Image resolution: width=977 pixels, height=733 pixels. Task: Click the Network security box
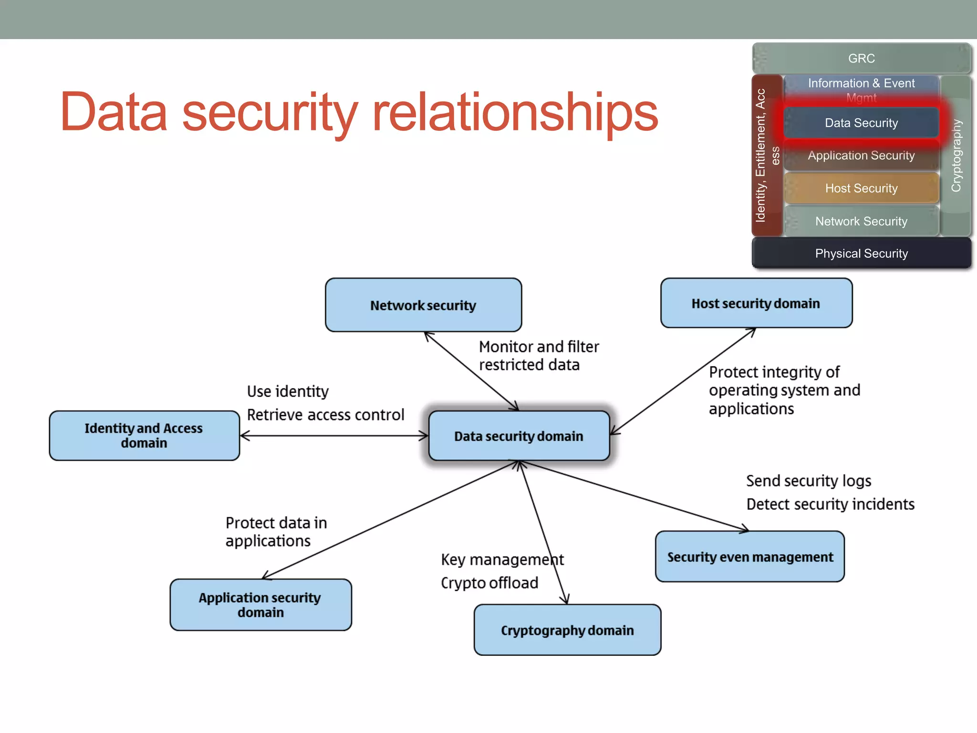pos(423,305)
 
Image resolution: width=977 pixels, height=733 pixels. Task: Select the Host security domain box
pos(756,303)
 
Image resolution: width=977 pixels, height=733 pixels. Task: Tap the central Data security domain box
pos(519,436)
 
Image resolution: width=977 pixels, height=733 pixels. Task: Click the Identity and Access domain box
pos(144,435)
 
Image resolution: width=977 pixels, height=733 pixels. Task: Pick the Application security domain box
pos(260,605)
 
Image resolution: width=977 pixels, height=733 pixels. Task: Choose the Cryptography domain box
pos(567,630)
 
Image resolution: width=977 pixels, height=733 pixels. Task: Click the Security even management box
pos(749,556)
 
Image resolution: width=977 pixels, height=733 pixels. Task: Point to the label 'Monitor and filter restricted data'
pos(538,356)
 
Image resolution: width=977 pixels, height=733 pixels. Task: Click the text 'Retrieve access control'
pos(325,415)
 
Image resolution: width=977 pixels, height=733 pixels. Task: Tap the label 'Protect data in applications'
pos(276,532)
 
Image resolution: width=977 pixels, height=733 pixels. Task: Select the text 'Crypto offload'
pos(489,583)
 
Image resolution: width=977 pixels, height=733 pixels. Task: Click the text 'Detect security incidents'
pos(830,504)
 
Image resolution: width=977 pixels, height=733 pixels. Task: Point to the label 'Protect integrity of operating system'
pos(784,390)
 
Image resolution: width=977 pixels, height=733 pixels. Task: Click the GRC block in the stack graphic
pos(861,58)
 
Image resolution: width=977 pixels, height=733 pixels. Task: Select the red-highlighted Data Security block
pos(861,123)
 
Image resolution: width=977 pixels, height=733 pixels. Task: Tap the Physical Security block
pos(861,253)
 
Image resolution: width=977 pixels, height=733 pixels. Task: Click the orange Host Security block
pos(861,188)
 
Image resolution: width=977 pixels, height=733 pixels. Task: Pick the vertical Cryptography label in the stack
pos(956,155)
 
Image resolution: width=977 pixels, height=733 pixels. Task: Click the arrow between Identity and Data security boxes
pos(334,435)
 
